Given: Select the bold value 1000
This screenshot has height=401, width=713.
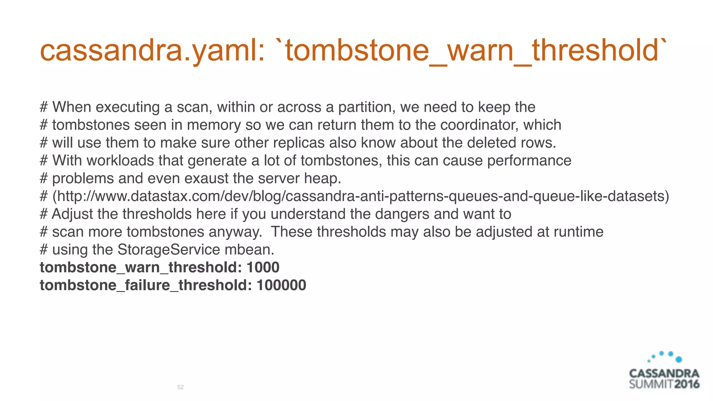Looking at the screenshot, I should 263,267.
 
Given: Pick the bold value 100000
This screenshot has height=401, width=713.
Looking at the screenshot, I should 281,285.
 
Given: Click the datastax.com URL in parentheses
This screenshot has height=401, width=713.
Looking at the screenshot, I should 361,196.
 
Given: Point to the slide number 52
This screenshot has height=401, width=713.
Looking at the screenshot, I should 180,387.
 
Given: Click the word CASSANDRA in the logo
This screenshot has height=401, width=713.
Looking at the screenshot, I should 664,374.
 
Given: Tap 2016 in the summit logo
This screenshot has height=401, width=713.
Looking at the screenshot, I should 687,384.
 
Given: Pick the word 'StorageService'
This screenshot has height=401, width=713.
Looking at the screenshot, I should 169,250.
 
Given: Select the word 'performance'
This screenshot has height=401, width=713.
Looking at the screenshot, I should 529,161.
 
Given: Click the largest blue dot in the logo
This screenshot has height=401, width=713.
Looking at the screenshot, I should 679,359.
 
